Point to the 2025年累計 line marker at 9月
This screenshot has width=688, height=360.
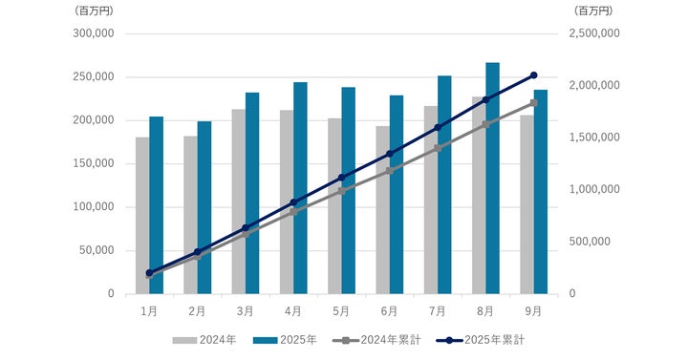coord(533,75)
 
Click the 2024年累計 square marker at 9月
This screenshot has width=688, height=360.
coord(533,103)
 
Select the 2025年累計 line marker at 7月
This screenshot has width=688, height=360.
coord(438,127)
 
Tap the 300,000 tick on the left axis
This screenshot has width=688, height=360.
coord(95,33)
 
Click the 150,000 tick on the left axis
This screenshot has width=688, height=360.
coord(95,163)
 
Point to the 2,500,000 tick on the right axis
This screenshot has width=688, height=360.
coord(593,33)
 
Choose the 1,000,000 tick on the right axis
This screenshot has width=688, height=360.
coord(593,189)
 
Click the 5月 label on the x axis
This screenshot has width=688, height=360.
coord(341,310)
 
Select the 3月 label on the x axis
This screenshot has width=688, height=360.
coord(245,310)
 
